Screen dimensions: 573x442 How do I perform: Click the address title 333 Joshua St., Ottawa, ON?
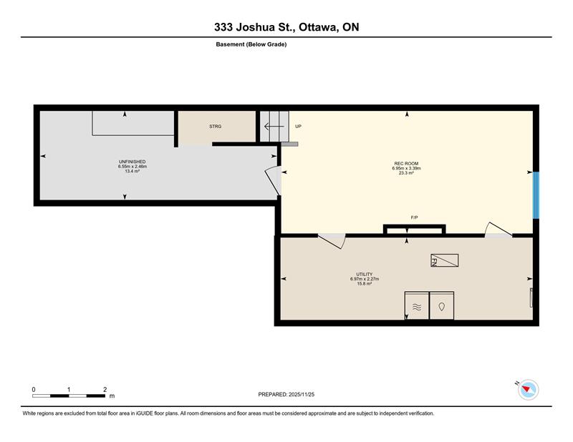[x=286, y=27]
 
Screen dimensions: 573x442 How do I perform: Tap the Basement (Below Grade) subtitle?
[x=251, y=44]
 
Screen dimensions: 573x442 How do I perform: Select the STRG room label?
[x=216, y=127]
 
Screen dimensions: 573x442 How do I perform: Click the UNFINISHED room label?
[x=133, y=162]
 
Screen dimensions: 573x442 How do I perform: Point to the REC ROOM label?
[x=406, y=164]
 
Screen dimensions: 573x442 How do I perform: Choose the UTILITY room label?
[x=365, y=274]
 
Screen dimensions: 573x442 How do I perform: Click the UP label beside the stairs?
[x=298, y=127]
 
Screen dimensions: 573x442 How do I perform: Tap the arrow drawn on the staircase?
[x=274, y=127]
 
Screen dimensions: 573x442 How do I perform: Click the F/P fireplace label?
[x=415, y=217]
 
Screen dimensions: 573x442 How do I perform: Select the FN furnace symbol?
[x=444, y=260]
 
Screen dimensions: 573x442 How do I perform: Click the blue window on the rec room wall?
[x=536, y=195]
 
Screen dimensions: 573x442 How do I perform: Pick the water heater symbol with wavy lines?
[x=417, y=305]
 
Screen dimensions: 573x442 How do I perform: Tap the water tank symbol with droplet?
[x=442, y=305]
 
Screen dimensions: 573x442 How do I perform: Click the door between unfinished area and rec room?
[x=274, y=180]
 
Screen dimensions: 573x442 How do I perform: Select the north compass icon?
[x=528, y=390]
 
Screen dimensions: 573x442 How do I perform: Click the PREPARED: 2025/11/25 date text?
[x=286, y=395]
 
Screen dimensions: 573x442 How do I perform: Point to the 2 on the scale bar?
[x=105, y=390]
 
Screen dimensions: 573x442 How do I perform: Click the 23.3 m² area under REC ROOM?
[x=406, y=173]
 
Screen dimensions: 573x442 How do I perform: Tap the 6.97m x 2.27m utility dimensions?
[x=365, y=279]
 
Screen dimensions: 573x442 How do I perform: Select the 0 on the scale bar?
[x=34, y=390]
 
